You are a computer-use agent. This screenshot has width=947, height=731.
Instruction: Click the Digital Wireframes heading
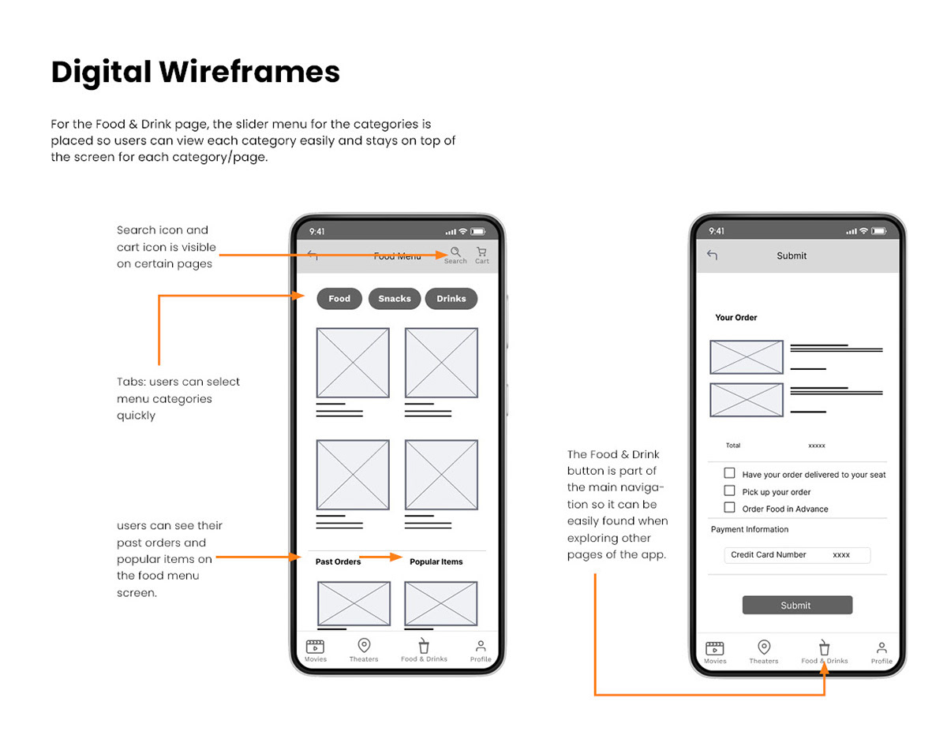195,72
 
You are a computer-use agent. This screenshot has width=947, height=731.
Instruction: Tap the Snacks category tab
394,299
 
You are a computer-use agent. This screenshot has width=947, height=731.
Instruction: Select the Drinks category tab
451,299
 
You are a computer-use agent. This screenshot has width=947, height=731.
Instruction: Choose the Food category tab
339,299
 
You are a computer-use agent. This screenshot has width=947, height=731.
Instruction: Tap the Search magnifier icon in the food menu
455,252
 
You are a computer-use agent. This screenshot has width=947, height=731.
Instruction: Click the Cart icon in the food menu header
481,252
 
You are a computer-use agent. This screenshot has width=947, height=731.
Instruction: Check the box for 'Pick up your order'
729,490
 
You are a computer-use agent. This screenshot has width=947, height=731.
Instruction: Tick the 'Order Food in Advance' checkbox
729,507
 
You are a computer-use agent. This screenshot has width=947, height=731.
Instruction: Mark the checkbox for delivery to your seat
729,473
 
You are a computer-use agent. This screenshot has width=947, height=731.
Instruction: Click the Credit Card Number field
797,555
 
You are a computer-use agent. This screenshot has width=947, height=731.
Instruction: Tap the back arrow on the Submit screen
712,255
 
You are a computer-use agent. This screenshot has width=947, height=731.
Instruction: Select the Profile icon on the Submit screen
881,648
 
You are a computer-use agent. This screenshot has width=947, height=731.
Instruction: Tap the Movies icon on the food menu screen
315,646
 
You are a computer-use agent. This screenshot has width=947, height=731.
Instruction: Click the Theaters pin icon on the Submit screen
764,647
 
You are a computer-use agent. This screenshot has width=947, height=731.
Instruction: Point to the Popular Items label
436,561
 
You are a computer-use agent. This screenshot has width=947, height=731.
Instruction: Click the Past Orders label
339,561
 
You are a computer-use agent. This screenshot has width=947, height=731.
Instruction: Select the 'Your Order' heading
736,317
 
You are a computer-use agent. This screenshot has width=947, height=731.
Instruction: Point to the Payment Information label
750,529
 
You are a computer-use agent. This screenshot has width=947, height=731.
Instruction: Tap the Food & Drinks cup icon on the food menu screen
424,646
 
